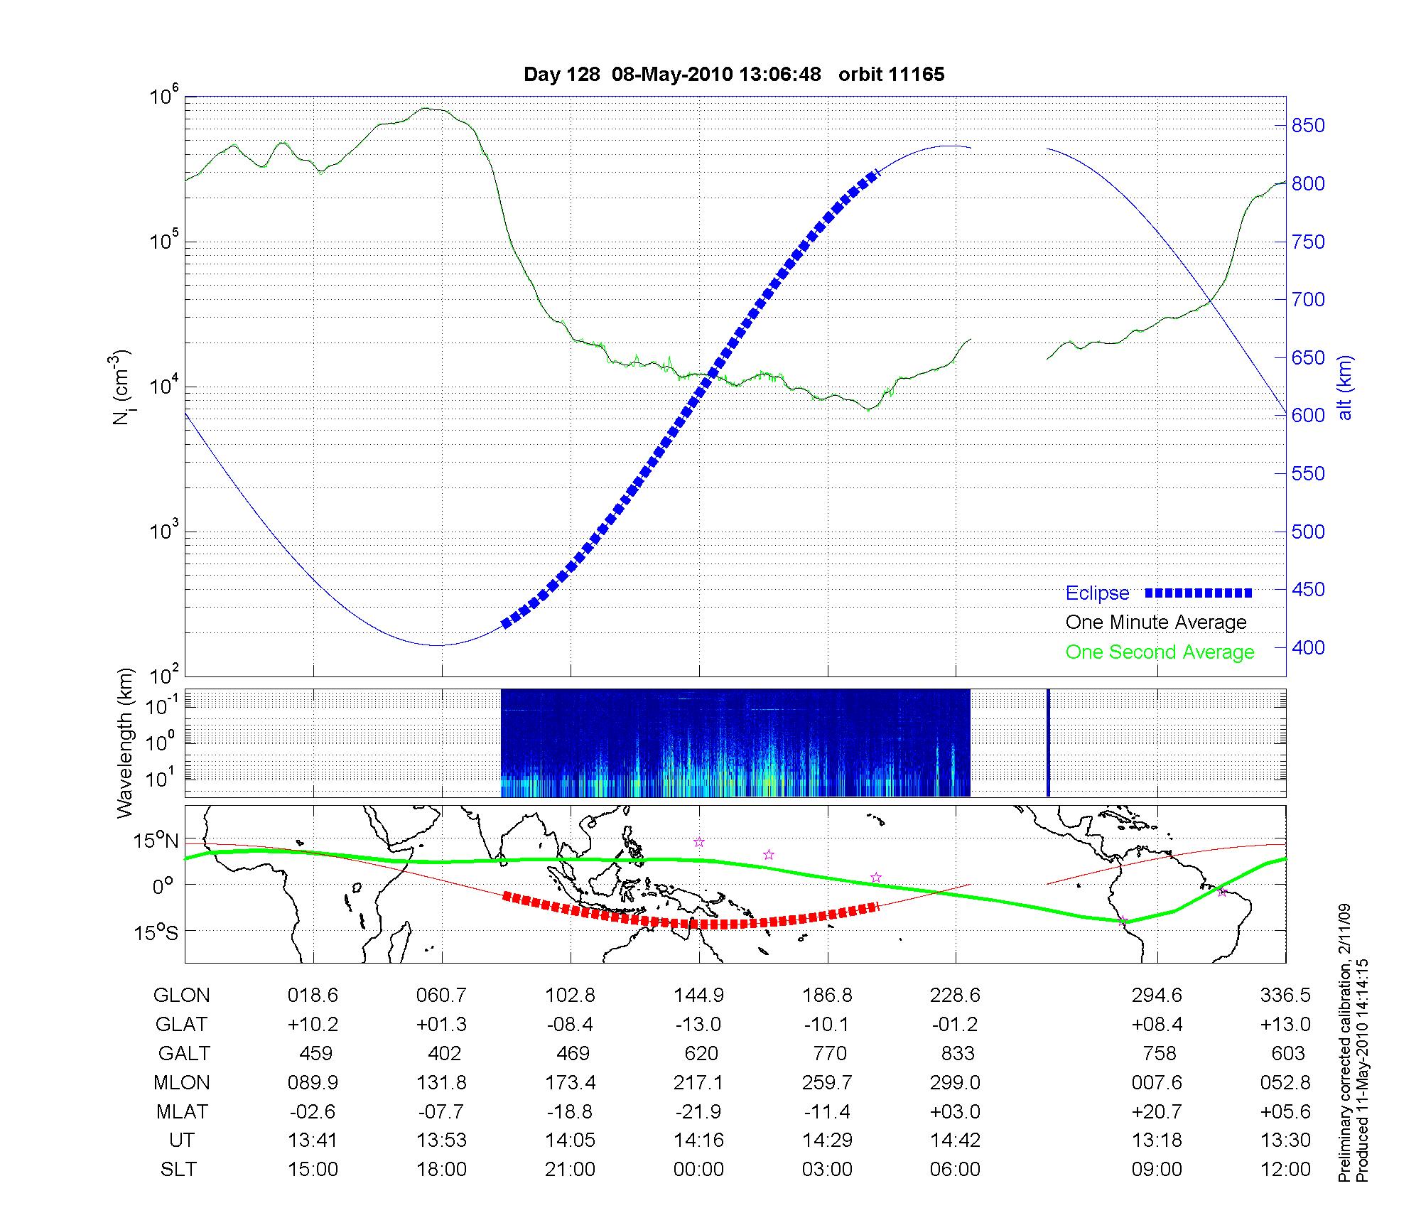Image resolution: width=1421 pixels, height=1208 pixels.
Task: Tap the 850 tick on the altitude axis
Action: point(1308,126)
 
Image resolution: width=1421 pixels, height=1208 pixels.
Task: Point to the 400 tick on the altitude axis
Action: point(1308,648)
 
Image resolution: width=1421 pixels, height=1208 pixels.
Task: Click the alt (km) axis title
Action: point(1345,387)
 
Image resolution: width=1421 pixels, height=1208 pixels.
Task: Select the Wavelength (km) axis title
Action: point(126,743)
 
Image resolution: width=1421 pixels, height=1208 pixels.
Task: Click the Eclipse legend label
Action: point(1097,593)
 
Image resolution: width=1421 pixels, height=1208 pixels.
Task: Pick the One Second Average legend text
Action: point(1160,652)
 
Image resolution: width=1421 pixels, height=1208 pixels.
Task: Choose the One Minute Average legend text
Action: point(1156,622)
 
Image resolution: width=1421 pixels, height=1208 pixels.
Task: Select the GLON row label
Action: point(181,996)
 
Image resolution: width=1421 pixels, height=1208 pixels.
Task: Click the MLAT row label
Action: point(181,1111)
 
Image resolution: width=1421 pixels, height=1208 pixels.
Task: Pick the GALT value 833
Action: point(956,1053)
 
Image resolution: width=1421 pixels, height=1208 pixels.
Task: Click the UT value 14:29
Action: point(827,1140)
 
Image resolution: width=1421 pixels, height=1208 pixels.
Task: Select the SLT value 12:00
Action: point(1285,1170)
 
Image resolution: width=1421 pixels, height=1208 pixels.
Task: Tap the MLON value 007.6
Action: point(1157,1082)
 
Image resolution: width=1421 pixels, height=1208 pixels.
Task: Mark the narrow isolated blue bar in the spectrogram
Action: point(1048,743)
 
